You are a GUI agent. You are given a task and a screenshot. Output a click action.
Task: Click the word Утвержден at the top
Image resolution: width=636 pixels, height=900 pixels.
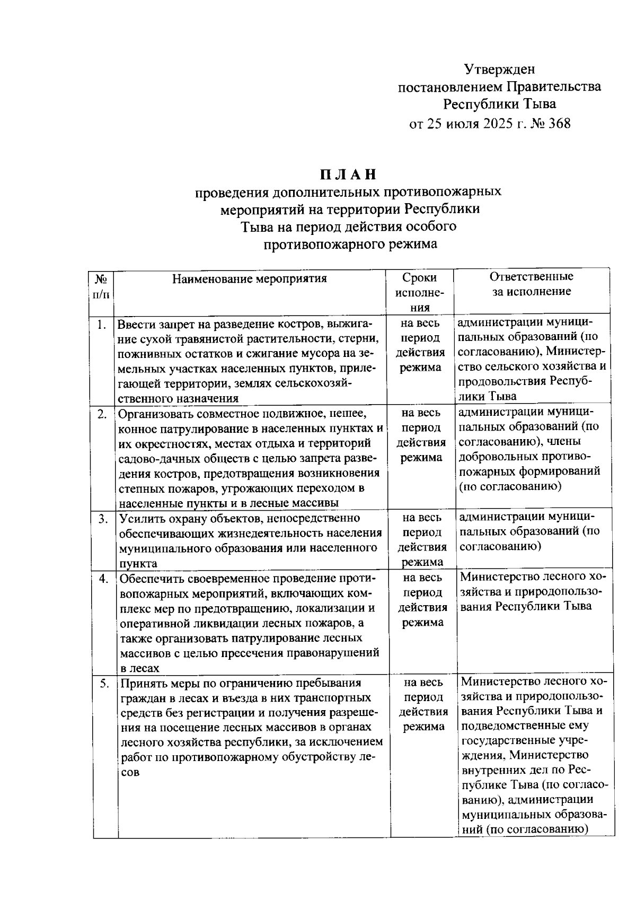[x=499, y=69]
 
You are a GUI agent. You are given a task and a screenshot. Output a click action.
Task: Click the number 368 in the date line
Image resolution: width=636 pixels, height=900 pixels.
[x=559, y=124]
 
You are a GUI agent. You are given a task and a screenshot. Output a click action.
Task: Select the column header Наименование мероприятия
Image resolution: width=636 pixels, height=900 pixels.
[x=250, y=278]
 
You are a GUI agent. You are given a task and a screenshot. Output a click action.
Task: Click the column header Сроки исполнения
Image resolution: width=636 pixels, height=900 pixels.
[x=420, y=292]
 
